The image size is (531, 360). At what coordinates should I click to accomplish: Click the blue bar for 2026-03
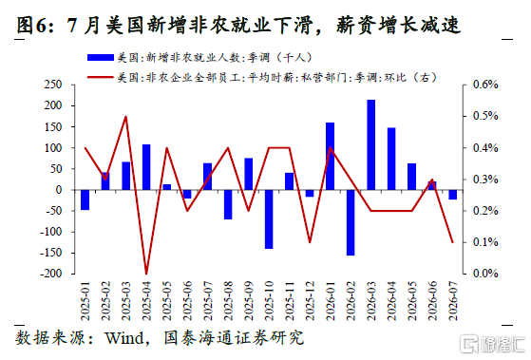click(371, 144)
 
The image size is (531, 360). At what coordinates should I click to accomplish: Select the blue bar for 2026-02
click(351, 222)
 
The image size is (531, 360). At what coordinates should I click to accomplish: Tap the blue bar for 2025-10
click(269, 219)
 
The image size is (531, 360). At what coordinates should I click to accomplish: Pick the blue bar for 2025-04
click(146, 167)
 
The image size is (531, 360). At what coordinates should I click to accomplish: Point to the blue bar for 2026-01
click(331, 156)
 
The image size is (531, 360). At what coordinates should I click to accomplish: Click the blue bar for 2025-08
click(228, 204)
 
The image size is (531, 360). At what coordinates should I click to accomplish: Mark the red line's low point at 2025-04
click(146, 274)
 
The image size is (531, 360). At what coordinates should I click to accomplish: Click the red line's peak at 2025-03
click(126, 116)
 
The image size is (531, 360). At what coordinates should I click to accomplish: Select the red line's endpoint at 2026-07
click(453, 242)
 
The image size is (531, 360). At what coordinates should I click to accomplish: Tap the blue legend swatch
click(101, 58)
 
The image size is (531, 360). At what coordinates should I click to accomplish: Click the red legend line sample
click(101, 77)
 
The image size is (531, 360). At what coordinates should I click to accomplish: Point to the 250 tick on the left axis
click(53, 85)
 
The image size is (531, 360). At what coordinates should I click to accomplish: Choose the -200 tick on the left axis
click(51, 274)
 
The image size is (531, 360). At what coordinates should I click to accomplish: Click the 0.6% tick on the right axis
click(485, 85)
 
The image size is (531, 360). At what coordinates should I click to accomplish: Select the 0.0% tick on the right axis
click(485, 274)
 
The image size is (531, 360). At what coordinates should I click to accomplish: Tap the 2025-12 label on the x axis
click(310, 301)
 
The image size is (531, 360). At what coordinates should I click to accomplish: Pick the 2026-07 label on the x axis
click(453, 301)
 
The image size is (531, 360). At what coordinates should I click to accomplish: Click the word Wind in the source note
click(124, 338)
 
